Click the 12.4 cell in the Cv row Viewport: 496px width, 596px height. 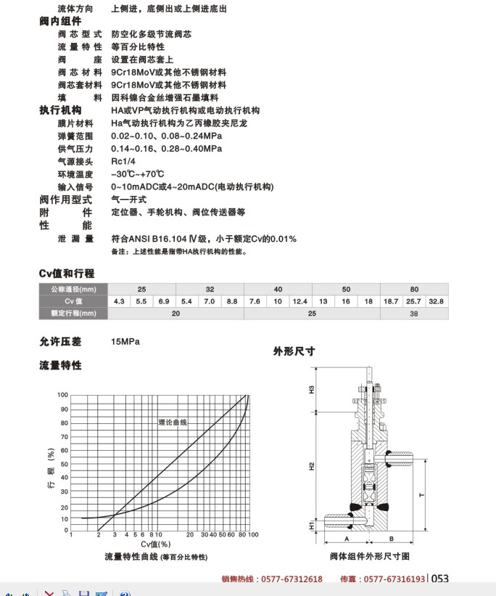coord(299,301)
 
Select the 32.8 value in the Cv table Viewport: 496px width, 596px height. coord(436,301)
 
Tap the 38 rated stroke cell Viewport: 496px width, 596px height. coord(414,314)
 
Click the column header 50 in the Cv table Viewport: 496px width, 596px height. coord(346,288)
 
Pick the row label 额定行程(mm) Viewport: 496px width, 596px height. coord(73,314)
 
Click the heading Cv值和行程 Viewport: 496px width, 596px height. coord(67,274)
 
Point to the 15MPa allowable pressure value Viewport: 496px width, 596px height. coord(125,340)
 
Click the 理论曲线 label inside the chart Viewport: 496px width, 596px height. coord(173,422)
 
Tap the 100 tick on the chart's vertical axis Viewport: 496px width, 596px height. coord(63,395)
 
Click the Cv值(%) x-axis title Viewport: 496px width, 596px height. coord(155,544)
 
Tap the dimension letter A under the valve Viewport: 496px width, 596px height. coord(346,539)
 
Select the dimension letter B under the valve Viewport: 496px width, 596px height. coord(391,539)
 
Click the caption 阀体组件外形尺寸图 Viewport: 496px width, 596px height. coord(370,556)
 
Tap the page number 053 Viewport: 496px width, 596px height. coord(440,579)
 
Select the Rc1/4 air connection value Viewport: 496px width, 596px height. coord(123,161)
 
